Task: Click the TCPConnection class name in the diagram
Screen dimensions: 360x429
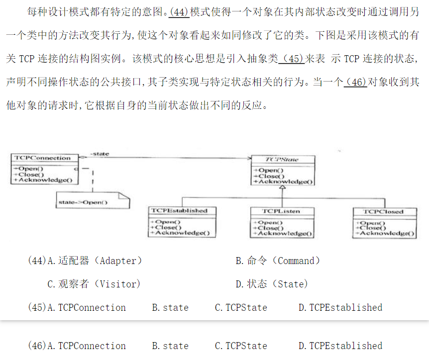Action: (43, 158)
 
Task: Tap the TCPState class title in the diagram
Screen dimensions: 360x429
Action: (282, 160)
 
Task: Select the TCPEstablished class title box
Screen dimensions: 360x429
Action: (179, 210)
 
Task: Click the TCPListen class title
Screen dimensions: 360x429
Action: (281, 211)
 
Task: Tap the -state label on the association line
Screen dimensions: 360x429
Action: (100, 154)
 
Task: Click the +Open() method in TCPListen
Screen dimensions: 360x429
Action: (269, 222)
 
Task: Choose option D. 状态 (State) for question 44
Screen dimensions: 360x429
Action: (272, 284)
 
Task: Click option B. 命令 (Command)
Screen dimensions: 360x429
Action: (278, 261)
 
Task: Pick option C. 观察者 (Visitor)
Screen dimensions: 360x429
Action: (94, 284)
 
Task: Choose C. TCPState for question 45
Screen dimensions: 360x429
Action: (241, 307)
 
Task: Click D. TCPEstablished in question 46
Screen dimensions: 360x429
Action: (340, 346)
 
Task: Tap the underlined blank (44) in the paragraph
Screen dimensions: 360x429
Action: (179, 12)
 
